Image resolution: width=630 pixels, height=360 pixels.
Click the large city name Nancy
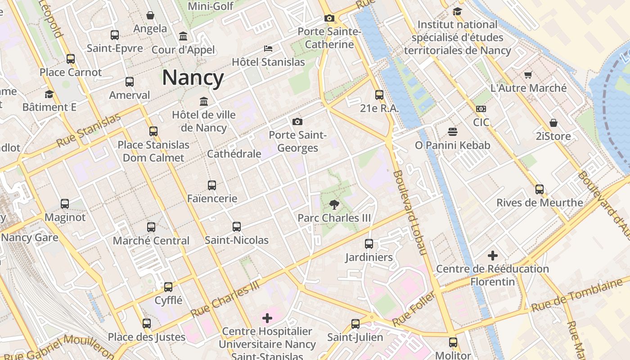[193, 77]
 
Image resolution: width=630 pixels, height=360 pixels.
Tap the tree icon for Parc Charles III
[334, 205]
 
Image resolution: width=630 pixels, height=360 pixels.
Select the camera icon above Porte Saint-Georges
[297, 121]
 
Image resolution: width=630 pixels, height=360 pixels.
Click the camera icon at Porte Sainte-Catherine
[329, 18]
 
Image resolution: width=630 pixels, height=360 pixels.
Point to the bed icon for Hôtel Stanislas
[268, 49]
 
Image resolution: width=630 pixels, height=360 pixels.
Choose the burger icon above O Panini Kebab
[453, 132]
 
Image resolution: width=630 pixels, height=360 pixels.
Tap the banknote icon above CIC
[481, 109]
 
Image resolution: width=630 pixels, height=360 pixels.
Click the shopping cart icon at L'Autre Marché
[528, 75]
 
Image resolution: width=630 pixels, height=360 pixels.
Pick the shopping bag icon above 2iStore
[553, 123]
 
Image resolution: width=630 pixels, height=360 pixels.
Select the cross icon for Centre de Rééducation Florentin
[493, 256]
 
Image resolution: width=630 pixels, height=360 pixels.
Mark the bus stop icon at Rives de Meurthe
[540, 189]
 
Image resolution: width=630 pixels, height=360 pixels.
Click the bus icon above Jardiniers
[369, 244]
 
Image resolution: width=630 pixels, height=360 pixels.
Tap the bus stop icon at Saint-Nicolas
[237, 227]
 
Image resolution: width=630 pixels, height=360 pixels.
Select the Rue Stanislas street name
[89, 130]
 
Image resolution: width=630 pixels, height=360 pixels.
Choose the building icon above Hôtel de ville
[204, 101]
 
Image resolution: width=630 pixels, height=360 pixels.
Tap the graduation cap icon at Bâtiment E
[49, 94]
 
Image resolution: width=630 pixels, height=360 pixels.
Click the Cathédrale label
[234, 154]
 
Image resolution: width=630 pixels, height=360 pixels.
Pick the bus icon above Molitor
[453, 342]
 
